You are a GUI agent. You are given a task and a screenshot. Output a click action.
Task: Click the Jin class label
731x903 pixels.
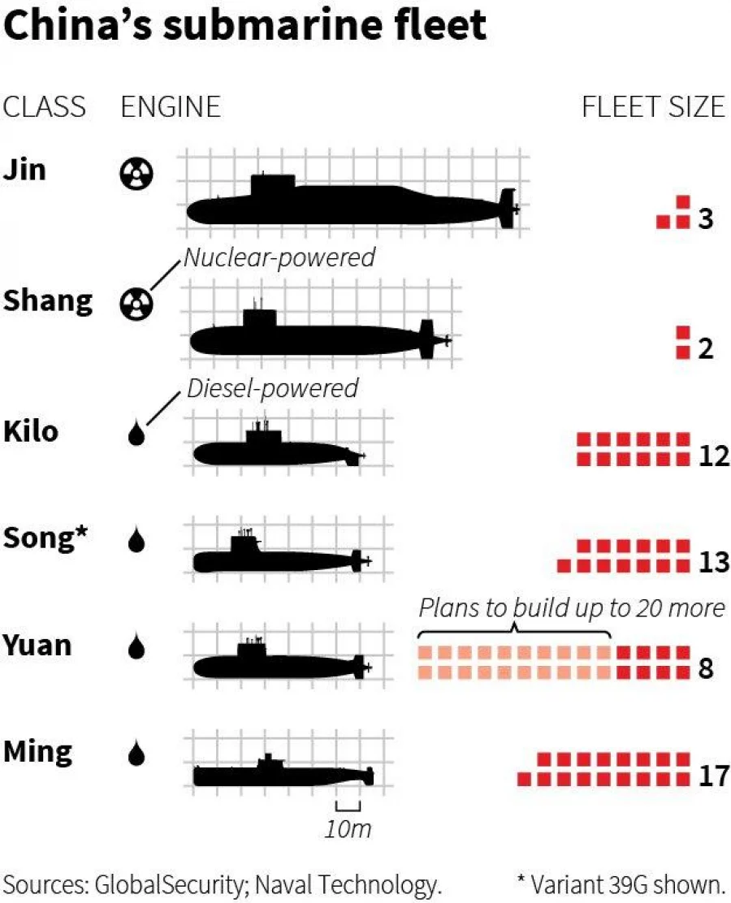click(x=24, y=170)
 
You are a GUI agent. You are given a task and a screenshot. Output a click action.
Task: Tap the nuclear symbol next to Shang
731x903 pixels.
click(x=136, y=304)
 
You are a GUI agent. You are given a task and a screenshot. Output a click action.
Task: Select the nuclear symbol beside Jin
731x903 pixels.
click(x=136, y=173)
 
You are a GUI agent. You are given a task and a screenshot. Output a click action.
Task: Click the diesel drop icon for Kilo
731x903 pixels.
click(x=136, y=433)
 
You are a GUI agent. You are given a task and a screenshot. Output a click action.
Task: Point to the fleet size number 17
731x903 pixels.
click(x=714, y=776)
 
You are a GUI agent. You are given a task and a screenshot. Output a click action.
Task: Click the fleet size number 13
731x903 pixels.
click(x=714, y=562)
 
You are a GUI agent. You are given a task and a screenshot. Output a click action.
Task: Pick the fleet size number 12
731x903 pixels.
click(x=714, y=456)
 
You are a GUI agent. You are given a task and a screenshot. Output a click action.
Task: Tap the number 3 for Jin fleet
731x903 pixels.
click(x=706, y=218)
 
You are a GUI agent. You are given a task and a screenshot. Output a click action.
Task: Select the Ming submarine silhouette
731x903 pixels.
click(x=283, y=772)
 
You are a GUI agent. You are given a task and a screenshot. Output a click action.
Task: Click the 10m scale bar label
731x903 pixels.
click(x=348, y=829)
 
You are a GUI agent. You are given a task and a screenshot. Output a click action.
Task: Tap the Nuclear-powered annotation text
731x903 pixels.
click(x=279, y=257)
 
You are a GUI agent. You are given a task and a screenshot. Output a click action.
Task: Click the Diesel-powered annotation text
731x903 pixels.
click(x=272, y=388)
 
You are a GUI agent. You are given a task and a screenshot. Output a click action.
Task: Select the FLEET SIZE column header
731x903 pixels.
click(x=653, y=107)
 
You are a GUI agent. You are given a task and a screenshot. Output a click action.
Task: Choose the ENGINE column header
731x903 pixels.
click(x=171, y=107)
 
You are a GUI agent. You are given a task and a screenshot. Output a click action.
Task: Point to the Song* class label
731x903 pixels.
click(x=45, y=538)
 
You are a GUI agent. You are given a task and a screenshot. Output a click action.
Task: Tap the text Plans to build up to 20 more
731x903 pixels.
click(x=572, y=608)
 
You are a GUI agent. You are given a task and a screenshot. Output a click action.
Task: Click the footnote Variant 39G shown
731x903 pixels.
click(x=621, y=884)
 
